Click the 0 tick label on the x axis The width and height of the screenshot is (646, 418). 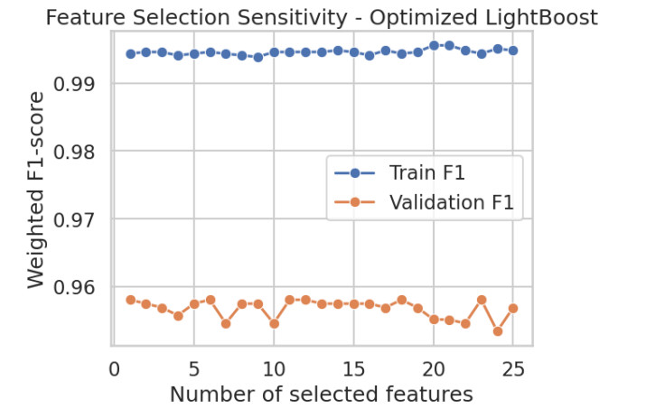click(114, 368)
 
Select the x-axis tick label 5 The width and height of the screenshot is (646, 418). click(194, 368)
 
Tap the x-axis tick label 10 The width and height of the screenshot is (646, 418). click(274, 368)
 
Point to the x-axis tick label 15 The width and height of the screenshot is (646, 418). click(354, 368)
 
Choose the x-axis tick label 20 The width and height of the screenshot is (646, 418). click(434, 368)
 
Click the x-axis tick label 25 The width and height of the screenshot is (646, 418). click(513, 368)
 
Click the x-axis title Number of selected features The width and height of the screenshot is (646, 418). click(321, 395)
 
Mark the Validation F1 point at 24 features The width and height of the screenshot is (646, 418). click(497, 331)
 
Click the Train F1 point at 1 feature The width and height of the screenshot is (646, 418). click(130, 54)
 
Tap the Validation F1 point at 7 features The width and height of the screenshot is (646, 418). click(226, 323)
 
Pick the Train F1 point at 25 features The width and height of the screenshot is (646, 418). click(513, 51)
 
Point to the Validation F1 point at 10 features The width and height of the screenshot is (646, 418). click(274, 323)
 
